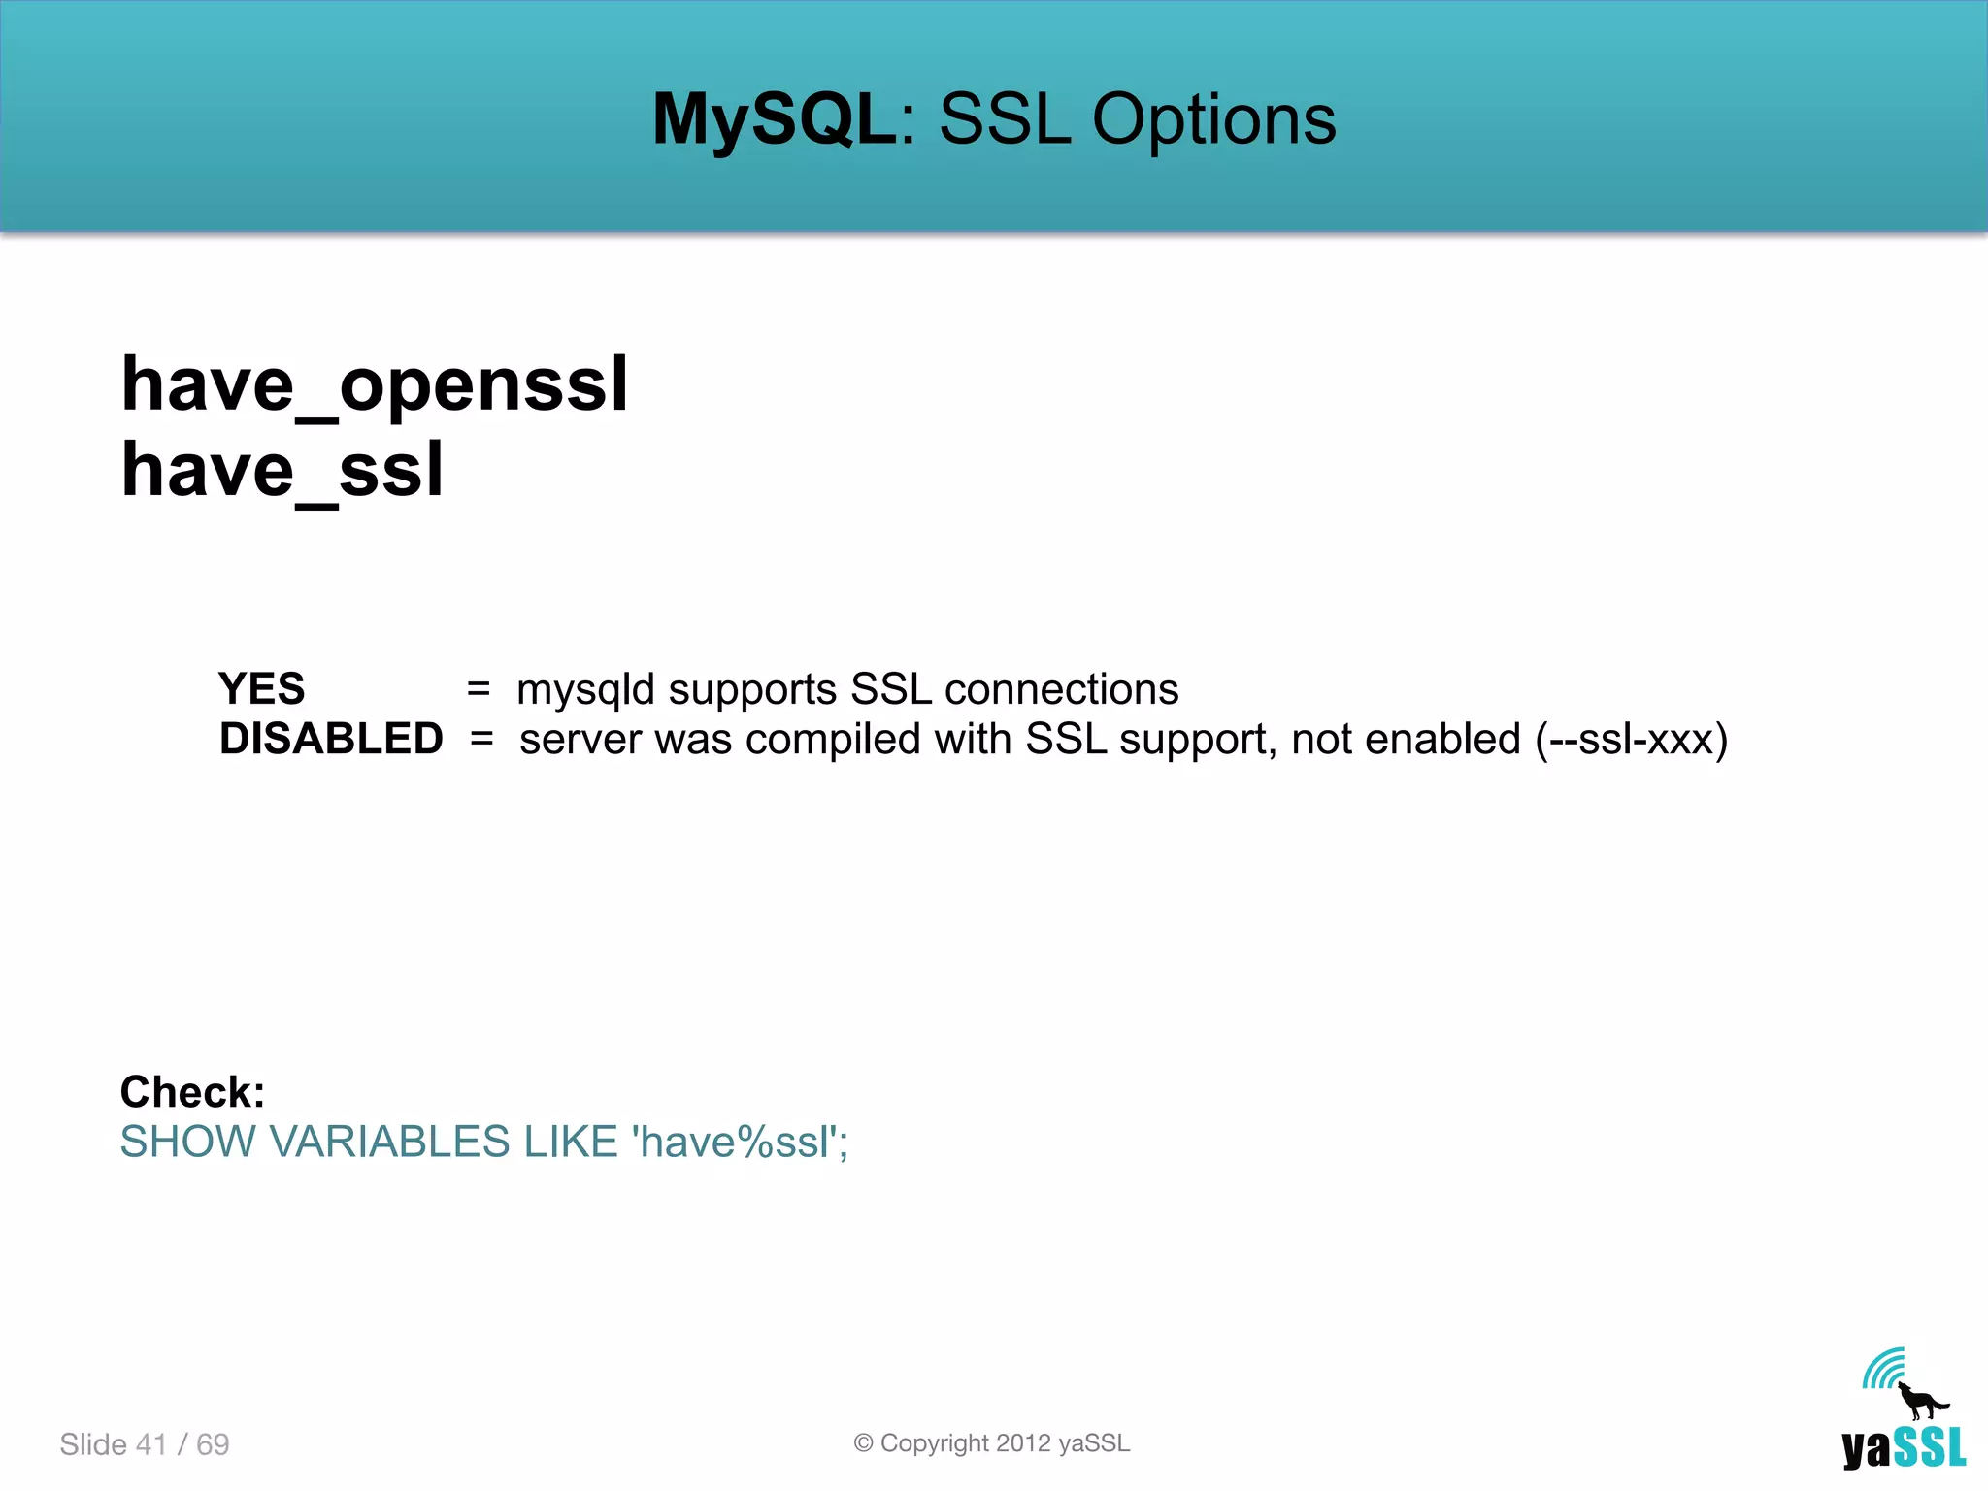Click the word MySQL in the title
[774, 120]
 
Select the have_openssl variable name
[375, 385]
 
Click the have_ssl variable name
[282, 471]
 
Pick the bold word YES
[261, 689]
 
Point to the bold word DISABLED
[331, 740]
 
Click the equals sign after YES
[478, 689]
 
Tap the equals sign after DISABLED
[481, 740]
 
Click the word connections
[1061, 689]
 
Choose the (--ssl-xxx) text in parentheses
[1631, 740]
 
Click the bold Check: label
[192, 1092]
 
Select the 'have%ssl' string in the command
[734, 1142]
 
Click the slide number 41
[151, 1444]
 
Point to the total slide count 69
[213, 1444]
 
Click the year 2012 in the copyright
[1023, 1443]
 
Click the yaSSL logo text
[1904, 1447]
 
